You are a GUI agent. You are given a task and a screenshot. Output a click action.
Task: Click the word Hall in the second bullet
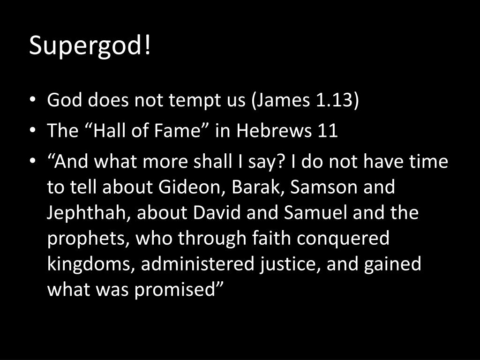point(111,131)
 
